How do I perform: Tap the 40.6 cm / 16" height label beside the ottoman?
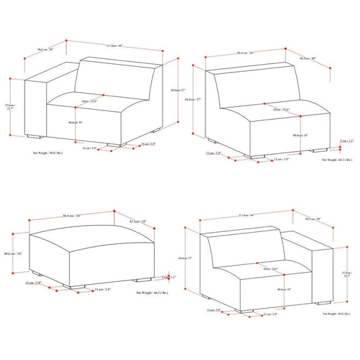(x=14, y=254)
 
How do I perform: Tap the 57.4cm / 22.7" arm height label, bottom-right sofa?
(x=347, y=276)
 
